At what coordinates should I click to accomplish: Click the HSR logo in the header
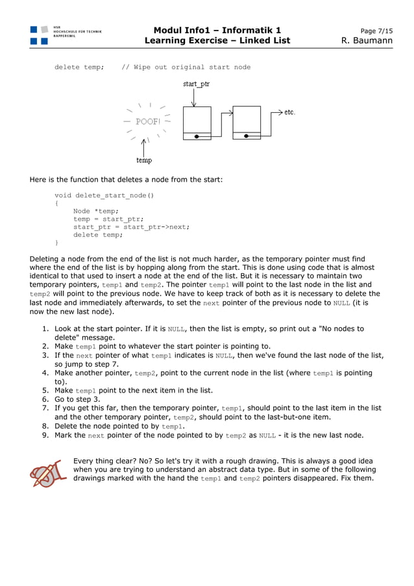(x=39, y=35)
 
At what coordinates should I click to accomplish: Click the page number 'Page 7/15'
(x=376, y=31)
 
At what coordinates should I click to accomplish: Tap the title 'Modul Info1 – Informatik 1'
(x=217, y=31)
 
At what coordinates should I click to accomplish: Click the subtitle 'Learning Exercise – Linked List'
(x=217, y=41)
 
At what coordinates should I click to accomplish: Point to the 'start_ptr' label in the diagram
(x=196, y=84)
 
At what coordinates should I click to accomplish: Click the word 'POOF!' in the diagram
(x=148, y=121)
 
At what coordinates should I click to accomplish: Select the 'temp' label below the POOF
(x=144, y=160)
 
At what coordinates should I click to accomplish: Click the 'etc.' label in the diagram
(x=289, y=112)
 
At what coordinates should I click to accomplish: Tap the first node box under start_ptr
(x=197, y=122)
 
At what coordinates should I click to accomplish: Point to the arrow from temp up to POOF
(x=144, y=146)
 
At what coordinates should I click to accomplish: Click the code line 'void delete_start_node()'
(x=104, y=195)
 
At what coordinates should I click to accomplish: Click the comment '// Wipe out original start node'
(x=186, y=67)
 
